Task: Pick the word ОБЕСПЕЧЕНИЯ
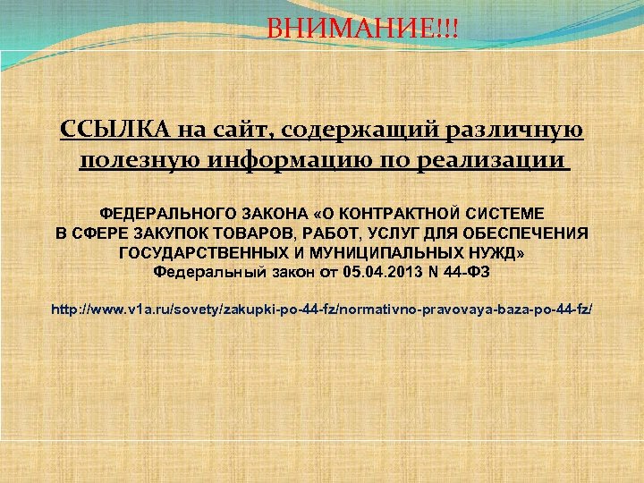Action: tap(527, 233)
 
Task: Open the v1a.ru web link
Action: tap(321, 309)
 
